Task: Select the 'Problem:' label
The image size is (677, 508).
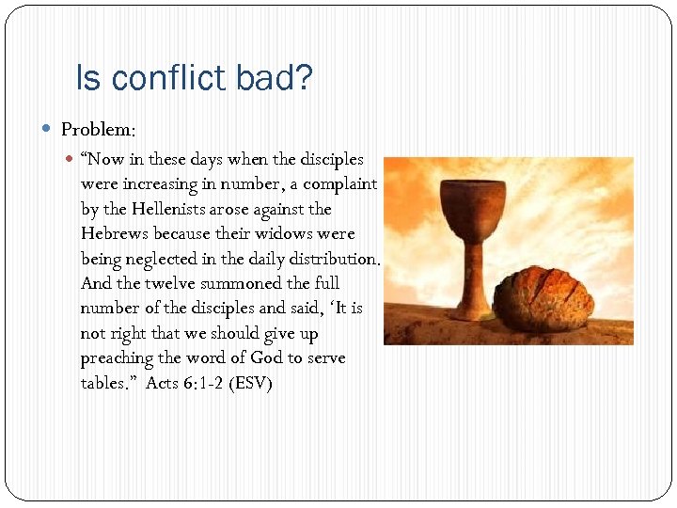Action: (x=99, y=129)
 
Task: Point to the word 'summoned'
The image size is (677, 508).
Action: (x=241, y=283)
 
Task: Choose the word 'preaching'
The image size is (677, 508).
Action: (x=116, y=358)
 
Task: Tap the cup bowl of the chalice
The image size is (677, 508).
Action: (x=476, y=201)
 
